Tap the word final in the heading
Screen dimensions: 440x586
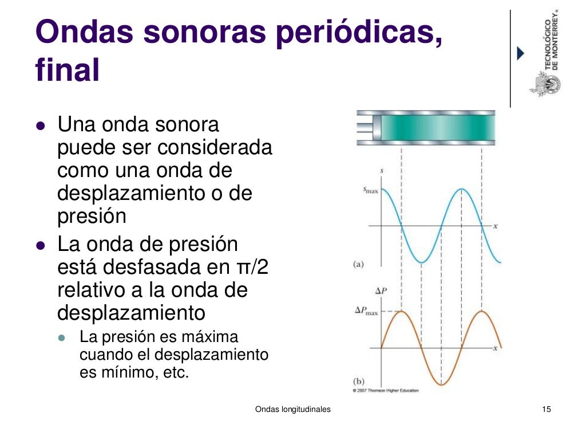(x=68, y=72)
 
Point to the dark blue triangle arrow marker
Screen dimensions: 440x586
(x=520, y=53)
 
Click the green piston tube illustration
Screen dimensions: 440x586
(x=426, y=127)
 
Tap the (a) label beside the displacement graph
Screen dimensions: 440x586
(x=358, y=264)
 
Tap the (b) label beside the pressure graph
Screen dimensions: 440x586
(x=358, y=381)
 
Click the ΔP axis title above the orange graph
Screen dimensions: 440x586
(x=381, y=291)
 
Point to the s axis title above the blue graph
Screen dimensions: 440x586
(x=382, y=171)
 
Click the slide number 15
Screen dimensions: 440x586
(x=546, y=409)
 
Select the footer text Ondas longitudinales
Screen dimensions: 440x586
(x=292, y=409)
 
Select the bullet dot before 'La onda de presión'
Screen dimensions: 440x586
(x=40, y=245)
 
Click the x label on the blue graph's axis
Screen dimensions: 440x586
(x=496, y=226)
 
